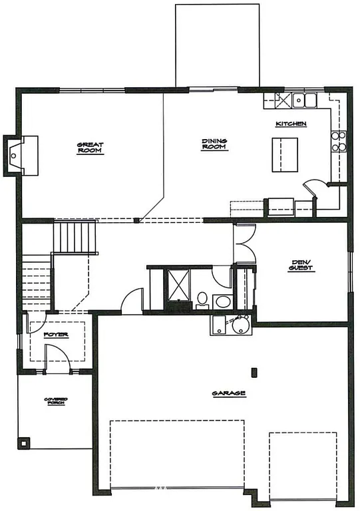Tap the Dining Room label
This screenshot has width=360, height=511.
pos(215,144)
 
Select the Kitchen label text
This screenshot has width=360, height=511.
pos(291,124)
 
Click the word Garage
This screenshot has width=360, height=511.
pos(229,394)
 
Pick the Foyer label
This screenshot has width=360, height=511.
pos(56,334)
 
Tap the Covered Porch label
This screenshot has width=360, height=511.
pos(57,401)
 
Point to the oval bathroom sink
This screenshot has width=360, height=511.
pos(223,303)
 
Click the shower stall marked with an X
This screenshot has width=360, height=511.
pos(178,285)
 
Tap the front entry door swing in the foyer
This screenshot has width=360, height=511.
pos(59,361)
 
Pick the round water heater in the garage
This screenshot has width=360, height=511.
pos(240,326)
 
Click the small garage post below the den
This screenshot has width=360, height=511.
pos(253,371)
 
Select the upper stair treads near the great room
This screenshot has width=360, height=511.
pos(75,236)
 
